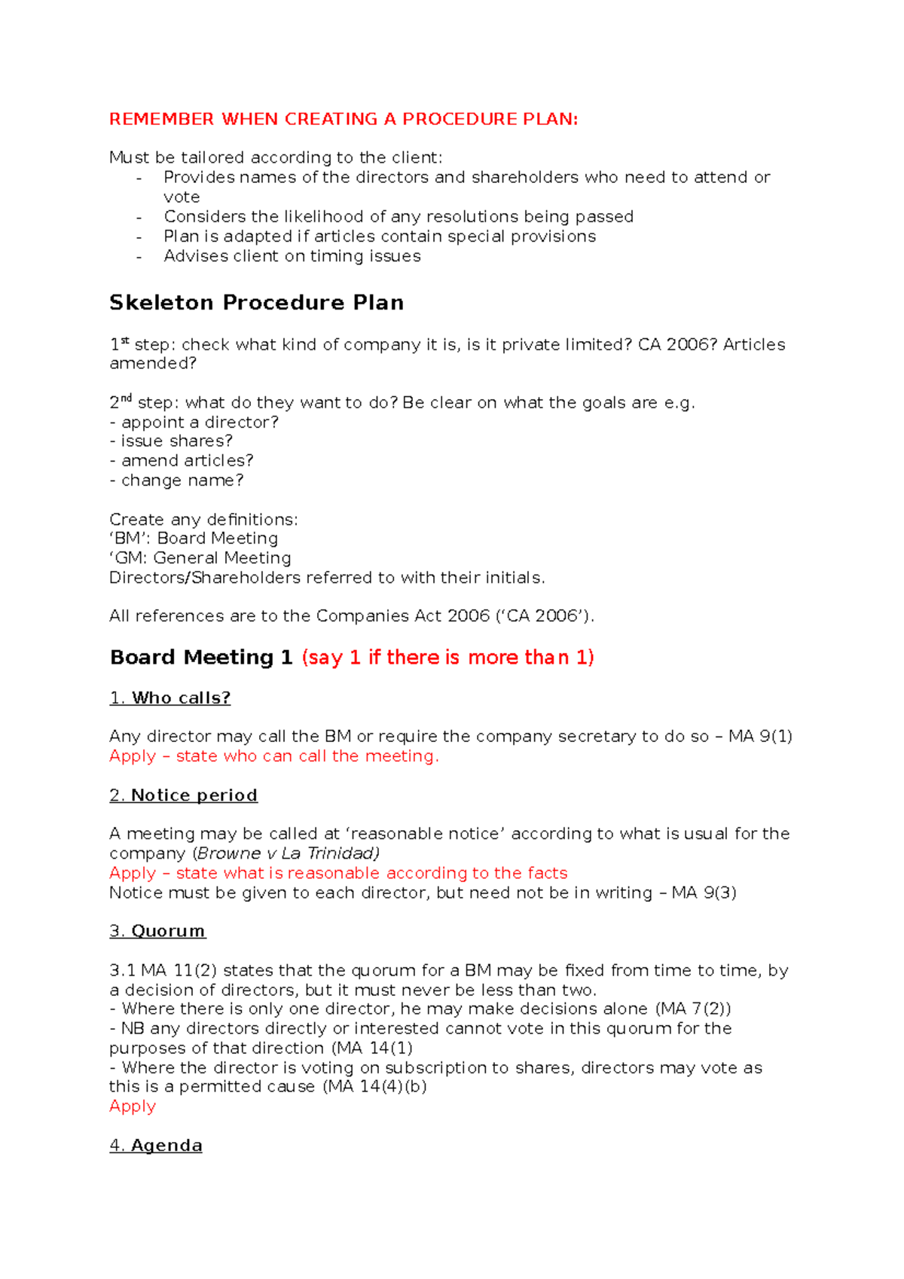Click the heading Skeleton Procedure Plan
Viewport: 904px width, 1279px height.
[256, 303]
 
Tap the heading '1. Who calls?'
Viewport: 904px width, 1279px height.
[169, 698]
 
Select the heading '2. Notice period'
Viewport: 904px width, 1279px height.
[183, 795]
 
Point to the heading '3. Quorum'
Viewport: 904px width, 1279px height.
[157, 931]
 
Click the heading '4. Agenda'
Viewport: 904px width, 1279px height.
[155, 1146]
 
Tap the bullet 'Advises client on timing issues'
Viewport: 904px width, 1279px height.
[292, 256]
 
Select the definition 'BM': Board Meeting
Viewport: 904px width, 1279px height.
[194, 539]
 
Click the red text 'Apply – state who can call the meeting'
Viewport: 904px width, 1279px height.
[273, 756]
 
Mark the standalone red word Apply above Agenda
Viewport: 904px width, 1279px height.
[133, 1107]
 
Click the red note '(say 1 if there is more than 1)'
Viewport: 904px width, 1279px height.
[447, 658]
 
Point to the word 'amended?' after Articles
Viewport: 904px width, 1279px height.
[153, 364]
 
